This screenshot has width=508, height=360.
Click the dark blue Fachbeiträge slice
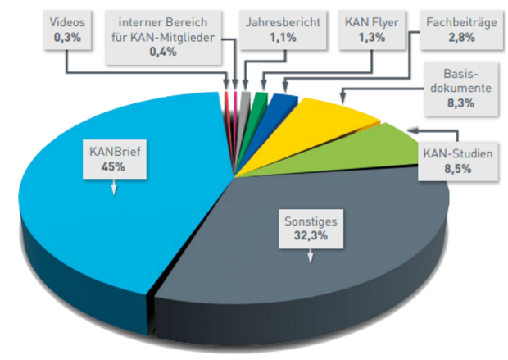coord(283,103)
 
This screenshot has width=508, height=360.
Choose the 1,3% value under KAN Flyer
coord(372,38)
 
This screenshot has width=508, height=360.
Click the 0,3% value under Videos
coord(65,38)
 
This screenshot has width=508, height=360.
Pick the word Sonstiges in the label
coord(309,221)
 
